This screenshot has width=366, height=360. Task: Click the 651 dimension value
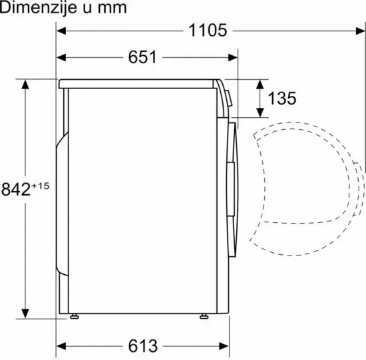click(x=142, y=57)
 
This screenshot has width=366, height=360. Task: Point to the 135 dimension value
click(x=281, y=98)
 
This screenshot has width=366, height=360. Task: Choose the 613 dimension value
click(x=142, y=346)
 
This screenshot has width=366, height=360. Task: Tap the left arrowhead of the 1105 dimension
click(x=61, y=30)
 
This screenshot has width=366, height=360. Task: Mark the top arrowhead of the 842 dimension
click(x=26, y=86)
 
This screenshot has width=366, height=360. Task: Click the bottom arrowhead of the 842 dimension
click(x=26, y=313)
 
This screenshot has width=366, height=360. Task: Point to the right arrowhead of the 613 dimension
click(x=223, y=346)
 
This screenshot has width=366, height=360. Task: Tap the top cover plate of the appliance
click(x=140, y=84)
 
